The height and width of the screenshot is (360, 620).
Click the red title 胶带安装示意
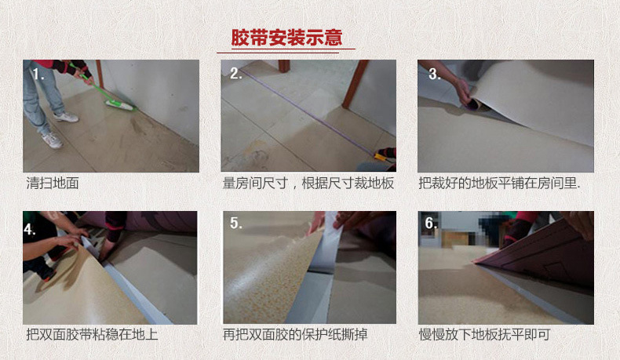click(286, 38)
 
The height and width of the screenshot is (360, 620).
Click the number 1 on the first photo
click(38, 74)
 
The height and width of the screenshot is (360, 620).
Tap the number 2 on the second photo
click(235, 74)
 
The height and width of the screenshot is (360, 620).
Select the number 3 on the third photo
click(434, 74)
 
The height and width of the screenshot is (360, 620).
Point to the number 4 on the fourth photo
click(30, 230)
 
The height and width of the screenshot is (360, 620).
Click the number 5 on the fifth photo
click(236, 224)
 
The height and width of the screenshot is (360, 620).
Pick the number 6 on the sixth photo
click(431, 224)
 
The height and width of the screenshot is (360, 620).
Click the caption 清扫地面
click(53, 184)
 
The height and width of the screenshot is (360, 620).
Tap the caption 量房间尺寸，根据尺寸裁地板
click(308, 184)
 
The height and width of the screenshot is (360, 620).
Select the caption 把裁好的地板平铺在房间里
click(499, 184)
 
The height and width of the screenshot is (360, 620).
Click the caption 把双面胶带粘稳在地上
click(92, 335)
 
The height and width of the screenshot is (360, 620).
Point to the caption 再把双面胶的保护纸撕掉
click(295, 335)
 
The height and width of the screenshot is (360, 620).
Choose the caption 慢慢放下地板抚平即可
click(484, 335)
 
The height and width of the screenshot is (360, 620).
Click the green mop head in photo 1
click(119, 105)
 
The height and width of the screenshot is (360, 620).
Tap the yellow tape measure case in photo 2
click(381, 158)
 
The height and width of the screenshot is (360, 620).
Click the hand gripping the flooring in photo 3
click(462, 92)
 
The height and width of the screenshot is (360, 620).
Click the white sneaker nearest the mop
click(67, 117)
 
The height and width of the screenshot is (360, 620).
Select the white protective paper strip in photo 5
click(328, 244)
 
